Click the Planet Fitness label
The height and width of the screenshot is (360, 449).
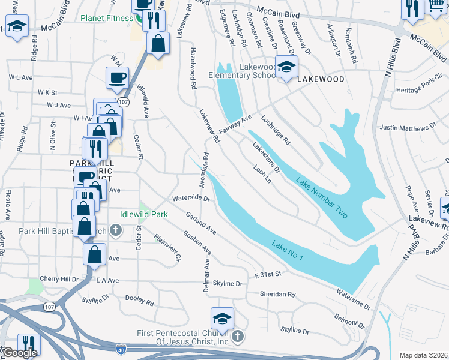[x=107, y=18]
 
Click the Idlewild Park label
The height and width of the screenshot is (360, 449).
[x=144, y=214]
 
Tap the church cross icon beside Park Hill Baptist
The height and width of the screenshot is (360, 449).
[x=116, y=231]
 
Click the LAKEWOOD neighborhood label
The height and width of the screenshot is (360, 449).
[x=321, y=79]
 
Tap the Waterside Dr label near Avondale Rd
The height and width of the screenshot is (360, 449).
[x=190, y=198]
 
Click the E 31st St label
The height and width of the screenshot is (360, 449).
[x=268, y=274]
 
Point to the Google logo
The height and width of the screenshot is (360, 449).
[x=19, y=353]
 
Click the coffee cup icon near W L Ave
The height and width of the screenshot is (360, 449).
[x=118, y=77]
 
